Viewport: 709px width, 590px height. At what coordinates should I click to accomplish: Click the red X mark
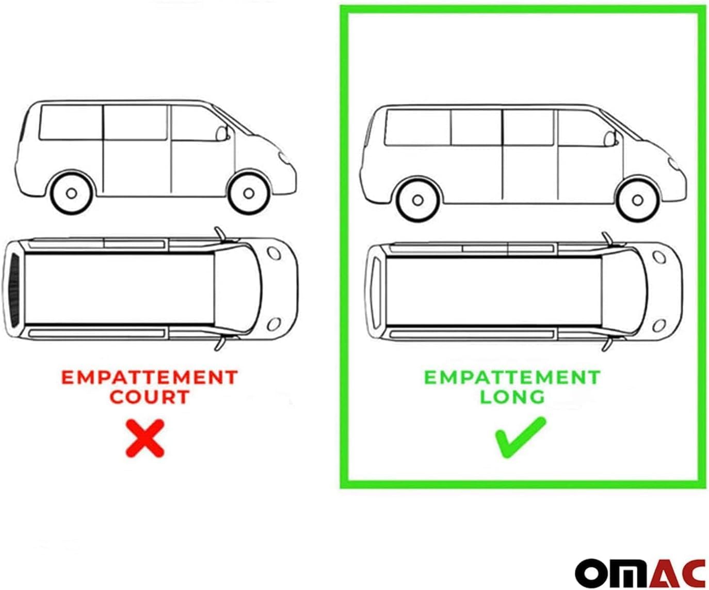coord(145,438)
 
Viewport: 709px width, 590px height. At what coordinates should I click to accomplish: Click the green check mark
coord(521,438)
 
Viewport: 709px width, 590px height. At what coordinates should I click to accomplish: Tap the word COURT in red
coord(150,397)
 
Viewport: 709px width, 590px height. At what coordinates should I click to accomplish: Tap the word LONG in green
coord(512,397)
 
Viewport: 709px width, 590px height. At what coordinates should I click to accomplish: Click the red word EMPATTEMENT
coord(150,378)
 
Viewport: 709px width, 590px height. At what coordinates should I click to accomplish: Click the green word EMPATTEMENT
coord(512,378)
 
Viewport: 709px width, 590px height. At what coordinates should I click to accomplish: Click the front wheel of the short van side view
coord(249,194)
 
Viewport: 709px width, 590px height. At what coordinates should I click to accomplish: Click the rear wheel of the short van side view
coord(72,194)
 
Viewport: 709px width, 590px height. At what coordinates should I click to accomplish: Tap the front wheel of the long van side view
coord(637,200)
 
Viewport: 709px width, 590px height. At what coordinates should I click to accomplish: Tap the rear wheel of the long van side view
coord(418,200)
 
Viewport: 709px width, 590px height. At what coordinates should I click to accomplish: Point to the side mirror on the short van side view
coord(221,133)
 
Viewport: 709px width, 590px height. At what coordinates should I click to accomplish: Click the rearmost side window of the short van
coord(71,122)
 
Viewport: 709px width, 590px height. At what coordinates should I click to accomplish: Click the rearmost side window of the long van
coord(418,128)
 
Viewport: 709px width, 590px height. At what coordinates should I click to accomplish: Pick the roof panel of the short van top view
coord(120,289)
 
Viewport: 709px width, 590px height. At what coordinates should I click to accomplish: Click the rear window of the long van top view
coord(377,293)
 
